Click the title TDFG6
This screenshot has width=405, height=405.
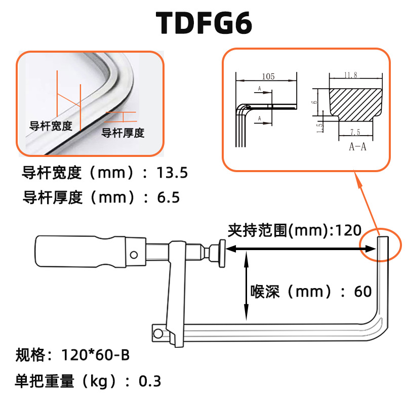click(204, 23)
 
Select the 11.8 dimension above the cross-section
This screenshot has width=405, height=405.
click(350, 75)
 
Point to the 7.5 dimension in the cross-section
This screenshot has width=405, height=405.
click(354, 133)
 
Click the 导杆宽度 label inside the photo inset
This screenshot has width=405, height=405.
click(51, 126)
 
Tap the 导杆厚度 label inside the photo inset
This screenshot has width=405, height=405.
click(123, 133)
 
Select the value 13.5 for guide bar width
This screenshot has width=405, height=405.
click(172, 173)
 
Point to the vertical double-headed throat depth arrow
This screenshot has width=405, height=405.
click(246, 286)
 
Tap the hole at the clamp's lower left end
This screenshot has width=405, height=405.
click(159, 333)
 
